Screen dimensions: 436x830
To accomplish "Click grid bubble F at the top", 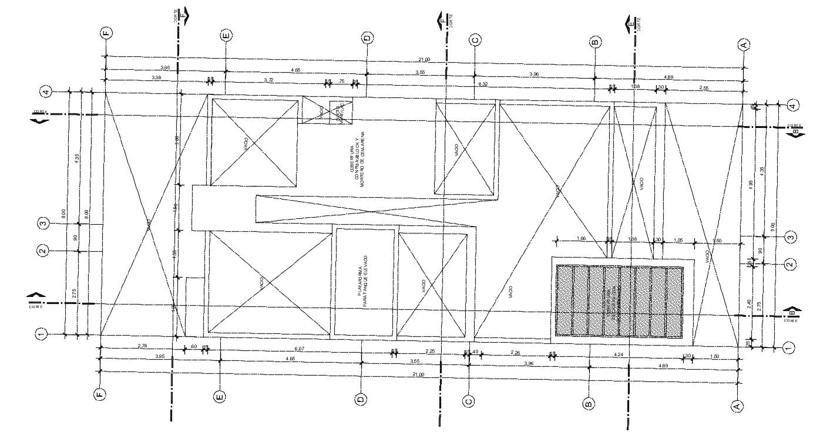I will point(106,34).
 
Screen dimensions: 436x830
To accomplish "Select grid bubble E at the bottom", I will point(220,397).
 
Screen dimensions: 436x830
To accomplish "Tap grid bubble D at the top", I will point(367,38).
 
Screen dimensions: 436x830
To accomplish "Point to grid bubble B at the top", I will point(594,42).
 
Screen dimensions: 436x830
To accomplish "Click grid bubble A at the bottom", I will point(735,405).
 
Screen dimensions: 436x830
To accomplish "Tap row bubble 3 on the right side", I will point(791,237).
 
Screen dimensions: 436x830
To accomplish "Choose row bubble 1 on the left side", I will point(41,334).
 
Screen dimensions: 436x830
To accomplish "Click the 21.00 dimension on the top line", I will point(424,59).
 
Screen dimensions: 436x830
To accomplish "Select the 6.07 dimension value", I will point(299,349).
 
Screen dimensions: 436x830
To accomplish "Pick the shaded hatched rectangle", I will point(620,302).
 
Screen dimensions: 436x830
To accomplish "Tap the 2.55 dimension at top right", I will point(703,87).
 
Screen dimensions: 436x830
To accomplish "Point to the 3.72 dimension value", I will point(268,79).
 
